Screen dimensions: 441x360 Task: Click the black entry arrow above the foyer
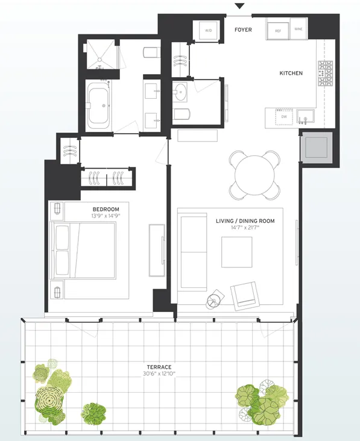click(239, 6)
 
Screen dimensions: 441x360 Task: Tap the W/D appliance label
click(209, 30)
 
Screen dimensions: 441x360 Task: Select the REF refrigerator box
click(278, 30)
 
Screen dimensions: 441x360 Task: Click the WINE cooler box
click(299, 29)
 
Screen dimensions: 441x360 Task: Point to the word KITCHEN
click(291, 73)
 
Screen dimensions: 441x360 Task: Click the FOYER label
click(243, 30)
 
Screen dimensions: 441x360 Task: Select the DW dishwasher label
click(283, 116)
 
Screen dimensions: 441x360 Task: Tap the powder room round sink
click(182, 92)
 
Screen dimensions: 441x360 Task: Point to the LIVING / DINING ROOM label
click(245, 221)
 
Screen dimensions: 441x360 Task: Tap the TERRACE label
click(160, 367)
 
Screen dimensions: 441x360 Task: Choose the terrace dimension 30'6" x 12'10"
click(160, 374)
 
